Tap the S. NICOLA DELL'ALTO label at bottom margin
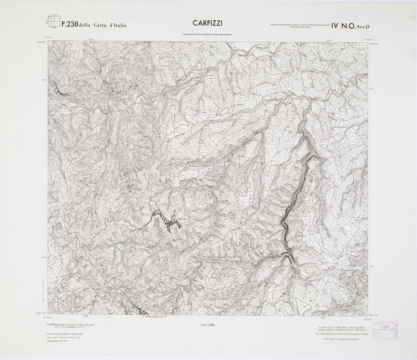tap(154, 317)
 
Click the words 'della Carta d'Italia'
tap(103, 25)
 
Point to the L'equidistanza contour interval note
tap(69, 325)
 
